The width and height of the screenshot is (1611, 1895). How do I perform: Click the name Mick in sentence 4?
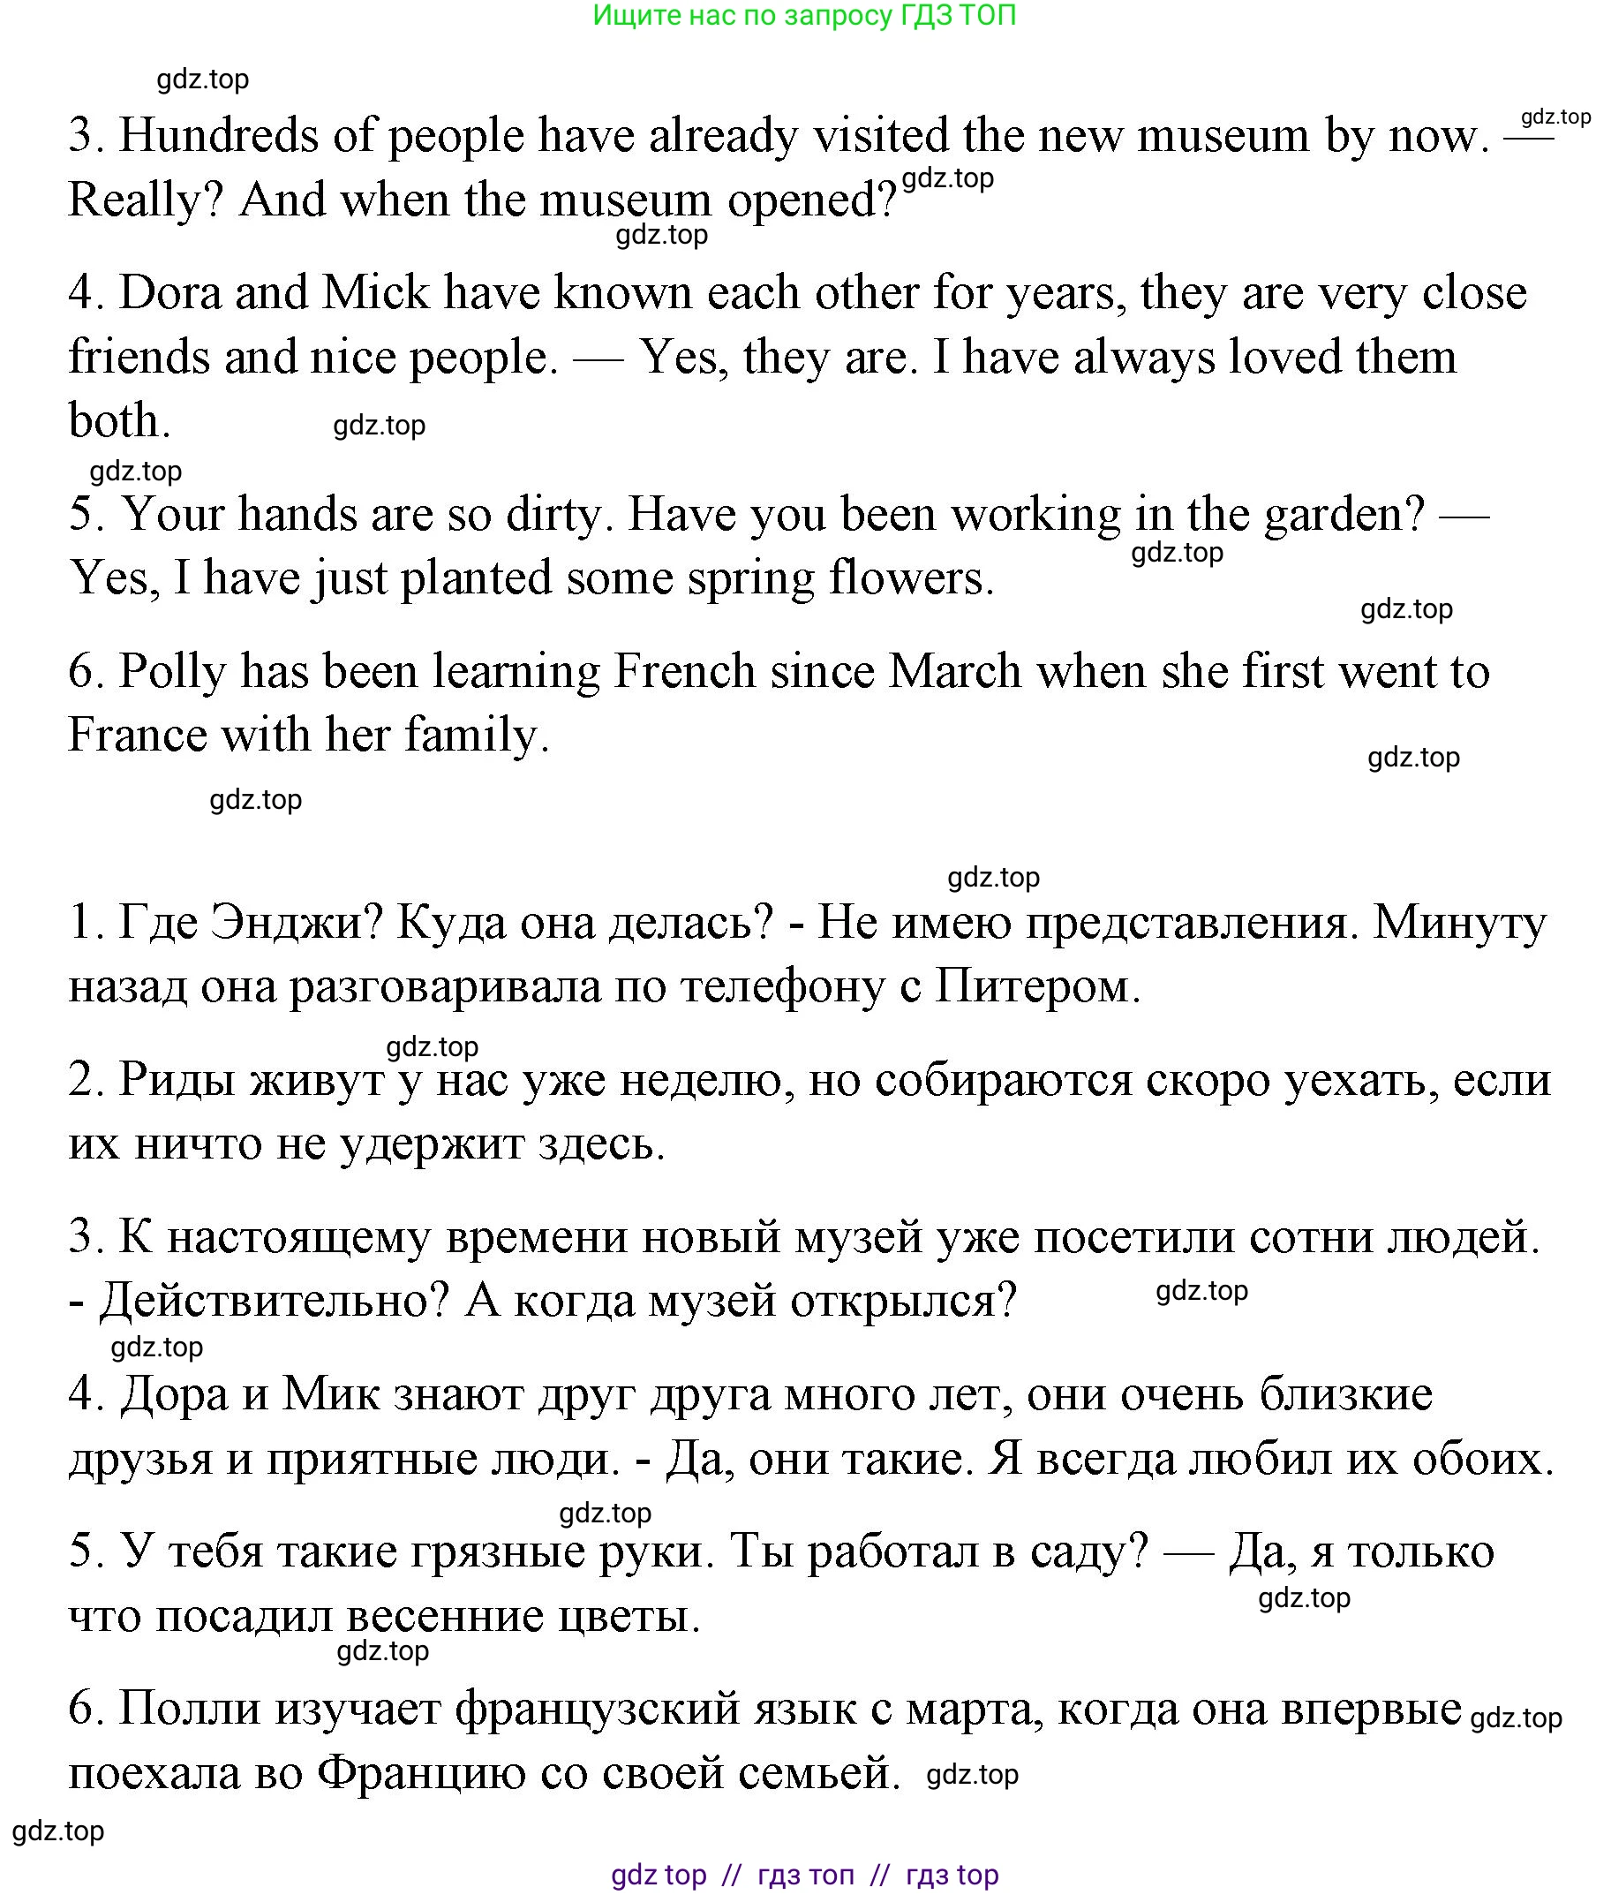click(x=375, y=293)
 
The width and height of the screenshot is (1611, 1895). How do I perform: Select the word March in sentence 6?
click(x=954, y=672)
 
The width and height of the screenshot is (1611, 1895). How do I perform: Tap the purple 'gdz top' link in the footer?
click(x=658, y=1874)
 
